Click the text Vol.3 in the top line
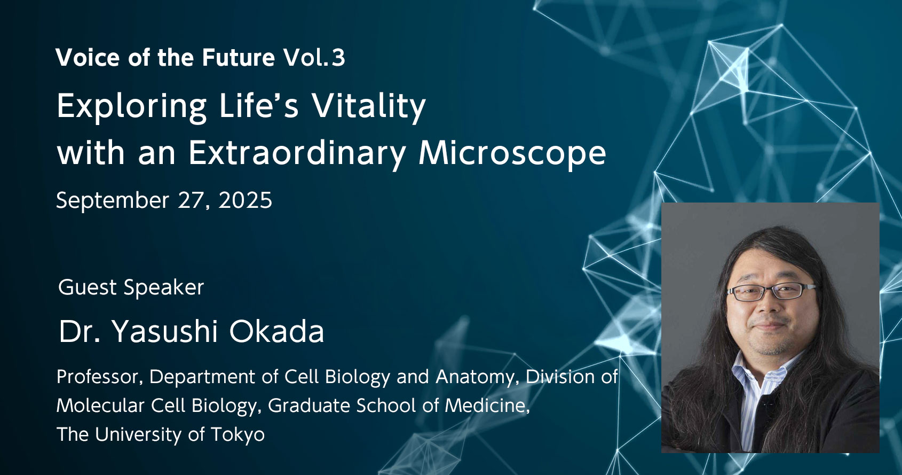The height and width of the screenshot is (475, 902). click(314, 58)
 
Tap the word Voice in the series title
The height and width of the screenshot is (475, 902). click(88, 58)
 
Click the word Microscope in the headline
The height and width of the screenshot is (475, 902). click(512, 154)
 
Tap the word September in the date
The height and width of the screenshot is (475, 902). click(113, 201)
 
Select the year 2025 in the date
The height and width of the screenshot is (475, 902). click(245, 201)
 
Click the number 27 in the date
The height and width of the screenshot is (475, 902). click(190, 201)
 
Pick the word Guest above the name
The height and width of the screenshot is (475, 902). click(88, 288)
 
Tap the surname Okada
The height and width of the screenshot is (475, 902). click(276, 331)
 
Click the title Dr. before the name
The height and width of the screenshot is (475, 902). click(80, 331)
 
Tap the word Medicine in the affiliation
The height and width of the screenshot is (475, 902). click(487, 406)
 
